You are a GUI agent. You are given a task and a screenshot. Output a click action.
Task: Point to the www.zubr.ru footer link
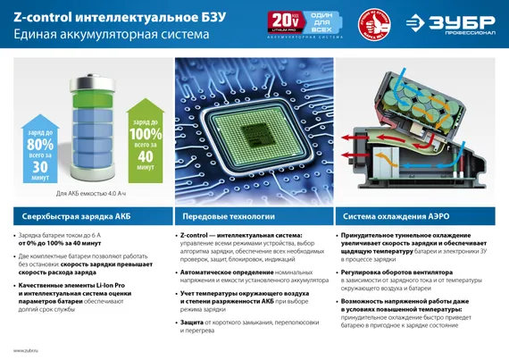tap(25, 350)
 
